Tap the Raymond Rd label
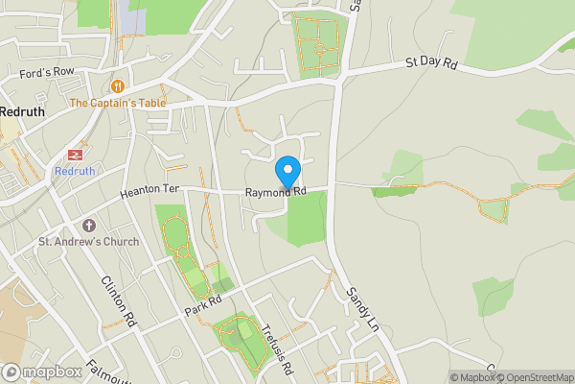click(275, 193)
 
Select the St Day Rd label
click(430, 62)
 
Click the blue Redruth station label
click(74, 171)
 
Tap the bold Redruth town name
click(21, 111)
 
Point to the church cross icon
click(88, 224)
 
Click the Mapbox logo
click(42, 372)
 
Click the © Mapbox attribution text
click(471, 377)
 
